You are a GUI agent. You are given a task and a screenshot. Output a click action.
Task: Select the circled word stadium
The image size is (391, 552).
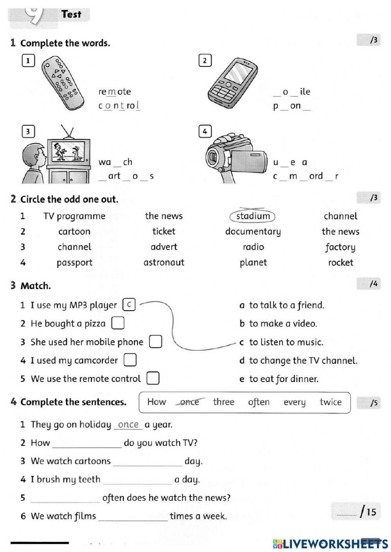click(253, 216)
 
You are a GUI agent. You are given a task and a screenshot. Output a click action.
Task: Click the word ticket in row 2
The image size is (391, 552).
click(164, 231)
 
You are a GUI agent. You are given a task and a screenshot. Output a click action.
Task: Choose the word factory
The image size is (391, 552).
click(340, 247)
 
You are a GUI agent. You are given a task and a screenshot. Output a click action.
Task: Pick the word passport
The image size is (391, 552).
click(74, 263)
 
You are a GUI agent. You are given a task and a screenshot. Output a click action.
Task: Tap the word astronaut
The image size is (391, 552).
click(164, 263)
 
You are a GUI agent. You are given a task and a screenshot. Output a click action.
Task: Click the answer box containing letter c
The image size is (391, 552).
click(129, 305)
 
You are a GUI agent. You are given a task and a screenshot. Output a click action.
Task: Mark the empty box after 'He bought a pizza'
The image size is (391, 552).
click(118, 323)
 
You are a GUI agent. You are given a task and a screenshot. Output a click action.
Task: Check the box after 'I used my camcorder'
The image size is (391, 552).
click(130, 360)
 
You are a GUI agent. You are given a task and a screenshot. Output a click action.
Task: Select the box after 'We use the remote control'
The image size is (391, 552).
click(153, 378)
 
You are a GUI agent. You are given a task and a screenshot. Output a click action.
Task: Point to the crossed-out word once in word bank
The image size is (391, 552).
click(189, 402)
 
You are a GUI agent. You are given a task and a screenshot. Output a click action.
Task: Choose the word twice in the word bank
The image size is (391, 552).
click(330, 402)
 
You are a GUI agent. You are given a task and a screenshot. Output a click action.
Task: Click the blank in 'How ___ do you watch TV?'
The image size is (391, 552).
click(87, 443)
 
